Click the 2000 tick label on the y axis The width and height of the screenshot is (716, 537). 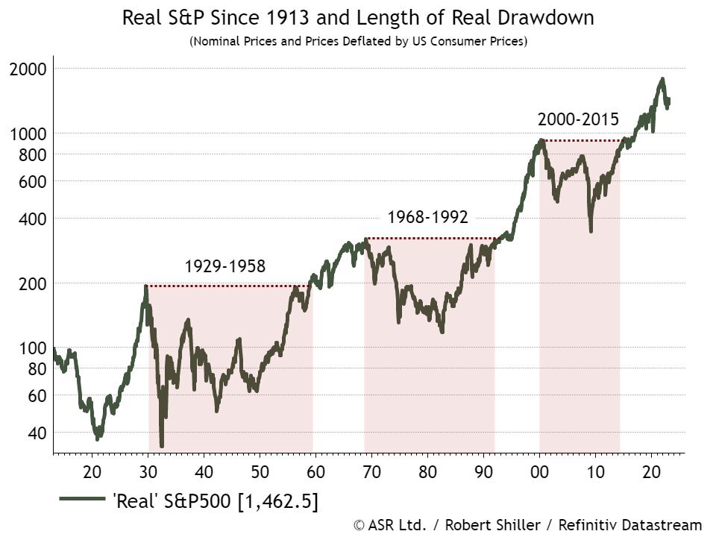click(x=28, y=69)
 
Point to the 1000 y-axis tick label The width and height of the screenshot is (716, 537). click(x=28, y=134)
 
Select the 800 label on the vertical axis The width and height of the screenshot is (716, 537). click(x=32, y=154)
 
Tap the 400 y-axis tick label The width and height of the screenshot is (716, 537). click(x=32, y=219)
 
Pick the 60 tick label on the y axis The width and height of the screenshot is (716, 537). click(x=36, y=395)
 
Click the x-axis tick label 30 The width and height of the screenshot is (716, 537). click(x=148, y=471)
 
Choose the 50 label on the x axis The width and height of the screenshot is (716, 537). click(x=260, y=471)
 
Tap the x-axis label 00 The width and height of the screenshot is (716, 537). click(x=539, y=471)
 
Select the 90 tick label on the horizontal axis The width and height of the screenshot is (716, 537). click(x=483, y=471)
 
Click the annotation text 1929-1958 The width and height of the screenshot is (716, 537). click(x=224, y=266)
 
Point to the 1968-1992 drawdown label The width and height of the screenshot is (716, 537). click(x=427, y=218)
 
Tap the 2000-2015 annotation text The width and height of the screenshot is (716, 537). click(x=578, y=119)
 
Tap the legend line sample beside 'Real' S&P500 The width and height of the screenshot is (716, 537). click(x=79, y=500)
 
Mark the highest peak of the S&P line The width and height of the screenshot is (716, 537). click(x=662, y=78)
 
